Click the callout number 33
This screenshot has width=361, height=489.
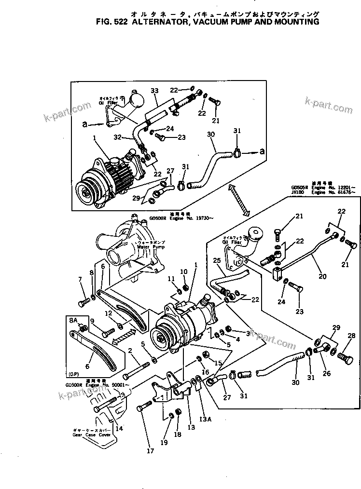click(x=154, y=91)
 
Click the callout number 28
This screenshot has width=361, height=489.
click(x=351, y=336)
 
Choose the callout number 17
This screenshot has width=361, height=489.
click(x=150, y=451)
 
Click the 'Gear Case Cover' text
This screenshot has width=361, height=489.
click(x=89, y=435)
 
